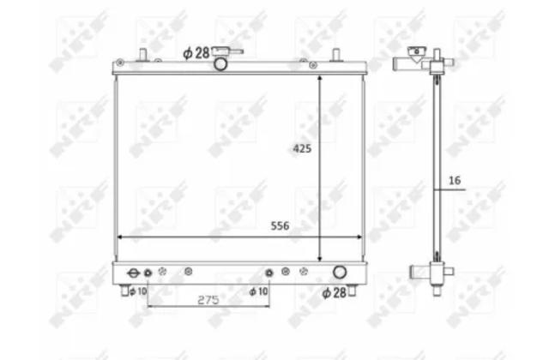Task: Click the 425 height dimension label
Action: tap(302, 148)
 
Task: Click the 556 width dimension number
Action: tap(281, 226)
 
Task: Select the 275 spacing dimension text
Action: tap(208, 300)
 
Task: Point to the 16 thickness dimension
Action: tap(455, 181)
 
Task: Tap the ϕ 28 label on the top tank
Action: tap(196, 53)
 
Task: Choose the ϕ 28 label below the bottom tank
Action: tap(334, 293)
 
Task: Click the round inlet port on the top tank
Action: tap(220, 64)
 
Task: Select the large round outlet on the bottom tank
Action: tap(340, 272)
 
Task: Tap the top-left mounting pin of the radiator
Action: tap(142, 55)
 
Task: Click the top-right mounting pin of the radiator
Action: tap(336, 55)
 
